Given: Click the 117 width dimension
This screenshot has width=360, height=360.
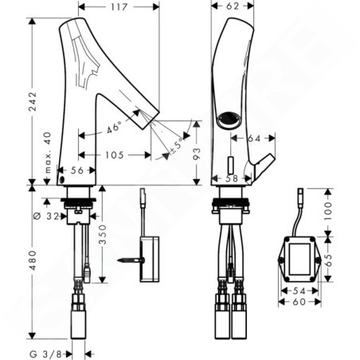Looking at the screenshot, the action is pos(119,7).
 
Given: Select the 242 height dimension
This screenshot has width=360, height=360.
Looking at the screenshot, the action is pos(33,101).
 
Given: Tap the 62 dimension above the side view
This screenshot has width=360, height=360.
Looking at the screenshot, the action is pos(233,6).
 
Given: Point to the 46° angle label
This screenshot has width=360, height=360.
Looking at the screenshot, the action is pos(114,127).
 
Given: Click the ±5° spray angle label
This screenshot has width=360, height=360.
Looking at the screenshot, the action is pos(177,146).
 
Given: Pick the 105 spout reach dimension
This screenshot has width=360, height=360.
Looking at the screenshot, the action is pos(115,155).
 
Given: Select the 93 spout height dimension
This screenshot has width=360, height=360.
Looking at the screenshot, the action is pos(197,154).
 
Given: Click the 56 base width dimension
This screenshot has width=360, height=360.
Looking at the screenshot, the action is pos(77,170).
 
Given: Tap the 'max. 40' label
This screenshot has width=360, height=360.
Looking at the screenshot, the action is pos(48,153).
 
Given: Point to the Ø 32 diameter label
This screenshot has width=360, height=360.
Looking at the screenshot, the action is pos(46,217).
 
